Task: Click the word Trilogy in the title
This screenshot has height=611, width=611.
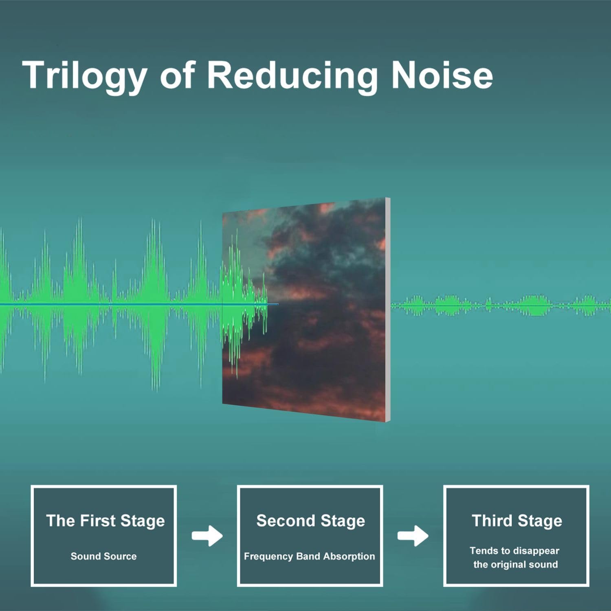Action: (x=84, y=75)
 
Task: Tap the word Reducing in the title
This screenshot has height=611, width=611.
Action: (x=292, y=75)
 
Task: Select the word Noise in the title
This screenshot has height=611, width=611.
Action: (x=442, y=75)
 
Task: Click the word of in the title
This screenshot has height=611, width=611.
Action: (x=177, y=75)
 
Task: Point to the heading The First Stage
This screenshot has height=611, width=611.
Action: (x=105, y=521)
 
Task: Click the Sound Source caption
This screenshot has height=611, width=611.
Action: (x=103, y=556)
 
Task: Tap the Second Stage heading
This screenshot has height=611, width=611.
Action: (x=310, y=521)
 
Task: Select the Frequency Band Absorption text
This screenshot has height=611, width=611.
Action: (x=309, y=556)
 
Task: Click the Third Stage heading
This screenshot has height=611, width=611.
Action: (x=517, y=521)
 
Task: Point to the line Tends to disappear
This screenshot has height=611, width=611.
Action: (x=514, y=551)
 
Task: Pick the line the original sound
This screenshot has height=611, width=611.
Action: (x=515, y=565)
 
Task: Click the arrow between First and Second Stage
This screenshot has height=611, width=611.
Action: (x=207, y=536)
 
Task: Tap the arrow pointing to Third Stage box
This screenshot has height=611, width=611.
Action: (x=413, y=536)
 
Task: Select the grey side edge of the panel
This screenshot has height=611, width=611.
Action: (x=388, y=310)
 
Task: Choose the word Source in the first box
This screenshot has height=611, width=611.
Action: (x=120, y=556)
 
